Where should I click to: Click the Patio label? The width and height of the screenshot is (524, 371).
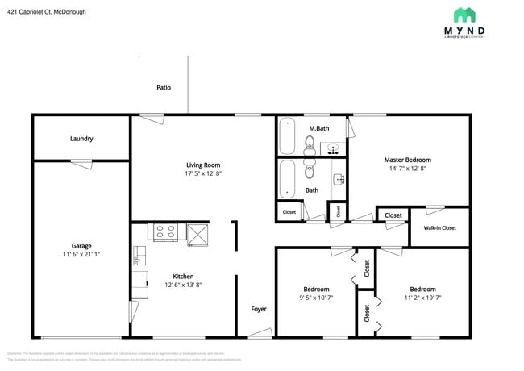163,88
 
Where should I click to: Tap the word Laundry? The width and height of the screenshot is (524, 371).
81,139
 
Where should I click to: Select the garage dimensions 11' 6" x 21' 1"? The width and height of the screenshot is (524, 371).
81,254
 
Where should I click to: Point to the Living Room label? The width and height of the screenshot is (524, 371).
203,165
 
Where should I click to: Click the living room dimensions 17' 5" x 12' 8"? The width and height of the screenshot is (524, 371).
203,173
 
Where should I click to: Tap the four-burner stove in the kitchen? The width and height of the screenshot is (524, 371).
165,232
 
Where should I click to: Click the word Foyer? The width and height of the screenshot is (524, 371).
259,309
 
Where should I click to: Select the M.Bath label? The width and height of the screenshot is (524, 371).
318,128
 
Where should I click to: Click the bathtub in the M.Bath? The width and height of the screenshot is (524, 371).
288,136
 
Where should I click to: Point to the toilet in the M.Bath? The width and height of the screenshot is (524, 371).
309,144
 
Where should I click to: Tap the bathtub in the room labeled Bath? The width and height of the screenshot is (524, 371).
288,178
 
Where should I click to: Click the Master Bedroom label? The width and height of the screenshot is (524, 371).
407,160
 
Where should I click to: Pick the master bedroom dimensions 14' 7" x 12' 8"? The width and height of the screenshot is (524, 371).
407,169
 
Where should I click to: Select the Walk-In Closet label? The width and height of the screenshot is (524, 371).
439,227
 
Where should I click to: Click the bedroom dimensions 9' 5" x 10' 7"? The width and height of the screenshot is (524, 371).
316,298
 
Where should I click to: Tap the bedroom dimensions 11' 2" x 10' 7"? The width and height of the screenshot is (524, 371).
422,298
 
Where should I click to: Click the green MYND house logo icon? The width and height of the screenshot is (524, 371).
464,15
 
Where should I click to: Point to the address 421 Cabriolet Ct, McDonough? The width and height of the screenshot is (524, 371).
47,12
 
